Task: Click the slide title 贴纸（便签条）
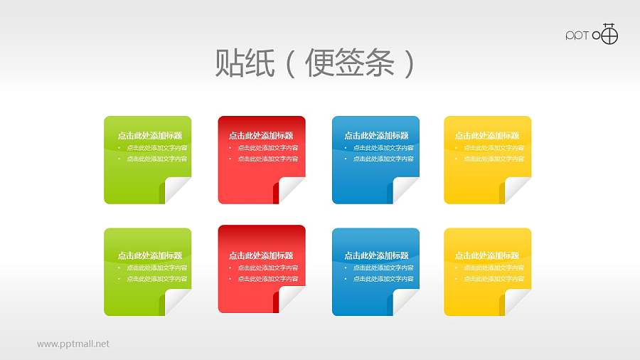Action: click(314, 64)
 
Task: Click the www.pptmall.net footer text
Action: click(73, 344)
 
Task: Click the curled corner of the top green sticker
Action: click(176, 190)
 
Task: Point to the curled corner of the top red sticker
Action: click(290, 190)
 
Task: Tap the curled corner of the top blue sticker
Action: click(405, 190)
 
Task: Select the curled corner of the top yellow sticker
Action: click(516, 190)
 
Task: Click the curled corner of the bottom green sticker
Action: click(176, 301)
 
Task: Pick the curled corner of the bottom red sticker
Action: click(290, 301)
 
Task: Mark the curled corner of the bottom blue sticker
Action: click(405, 301)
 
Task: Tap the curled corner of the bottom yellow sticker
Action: click(516, 301)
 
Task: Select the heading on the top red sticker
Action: click(261, 135)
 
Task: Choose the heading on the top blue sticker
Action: click(376, 135)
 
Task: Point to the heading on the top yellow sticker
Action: click(487, 135)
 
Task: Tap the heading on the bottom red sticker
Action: click(261, 255)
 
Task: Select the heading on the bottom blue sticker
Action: click(376, 255)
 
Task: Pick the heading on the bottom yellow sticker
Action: click(487, 255)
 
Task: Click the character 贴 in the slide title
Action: click(230, 64)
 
